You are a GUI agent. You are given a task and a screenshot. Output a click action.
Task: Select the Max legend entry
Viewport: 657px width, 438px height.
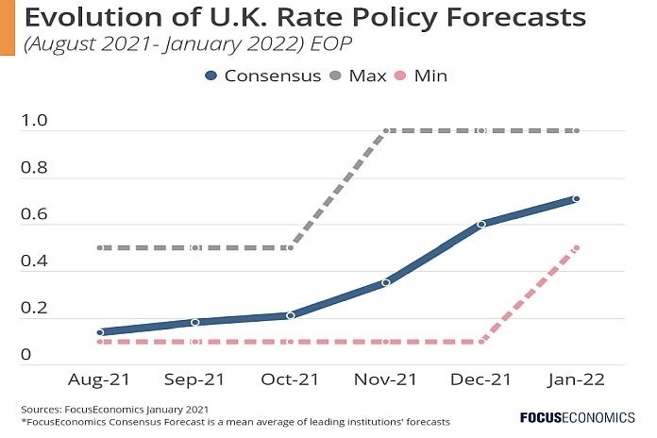tap(366, 76)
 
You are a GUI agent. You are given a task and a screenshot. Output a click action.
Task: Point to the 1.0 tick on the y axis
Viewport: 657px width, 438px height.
tap(34, 123)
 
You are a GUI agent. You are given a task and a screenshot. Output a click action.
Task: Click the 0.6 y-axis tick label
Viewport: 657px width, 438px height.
tap(34, 215)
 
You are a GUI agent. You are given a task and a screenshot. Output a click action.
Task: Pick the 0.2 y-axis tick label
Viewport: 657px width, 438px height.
tap(34, 309)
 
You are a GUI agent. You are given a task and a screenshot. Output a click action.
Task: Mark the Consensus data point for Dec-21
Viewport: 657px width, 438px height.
tap(480, 224)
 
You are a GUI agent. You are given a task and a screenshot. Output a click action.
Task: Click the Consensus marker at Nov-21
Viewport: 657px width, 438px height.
tap(385, 282)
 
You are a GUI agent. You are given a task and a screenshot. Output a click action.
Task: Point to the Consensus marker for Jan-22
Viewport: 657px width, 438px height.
tap(575, 199)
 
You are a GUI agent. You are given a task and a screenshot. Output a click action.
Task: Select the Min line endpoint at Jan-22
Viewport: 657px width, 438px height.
tap(575, 248)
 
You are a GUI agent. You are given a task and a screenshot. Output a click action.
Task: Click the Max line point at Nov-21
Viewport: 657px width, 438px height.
tap(385, 131)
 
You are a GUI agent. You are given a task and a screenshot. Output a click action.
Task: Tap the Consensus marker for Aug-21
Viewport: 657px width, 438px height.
tap(99, 332)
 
